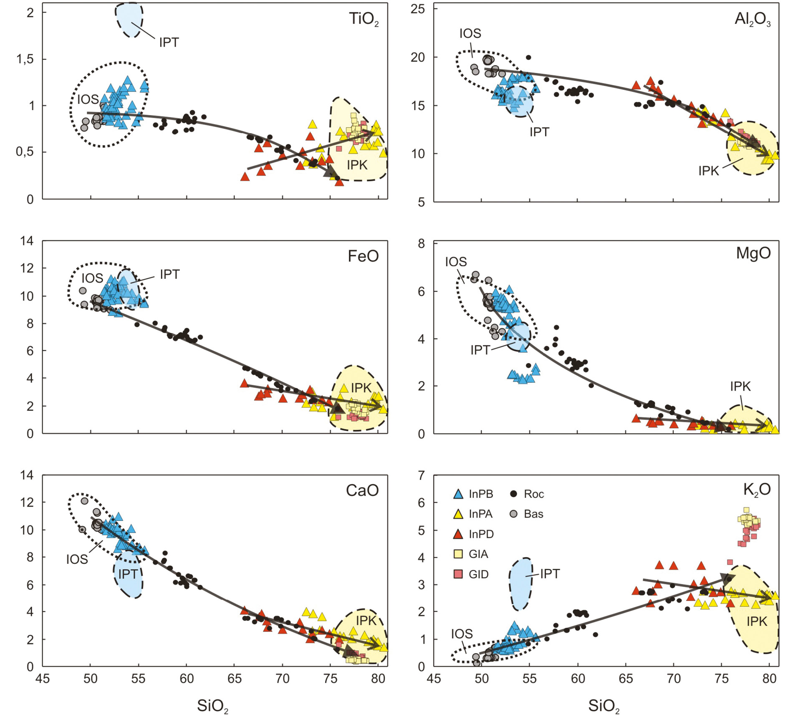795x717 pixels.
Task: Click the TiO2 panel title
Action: pyautogui.click(x=363, y=20)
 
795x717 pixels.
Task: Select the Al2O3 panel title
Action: pyautogui.click(x=752, y=20)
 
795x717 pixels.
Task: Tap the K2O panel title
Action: pyautogui.click(x=757, y=489)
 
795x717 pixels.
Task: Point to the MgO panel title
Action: pyautogui.click(x=753, y=253)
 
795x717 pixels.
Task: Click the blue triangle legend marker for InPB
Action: pyautogui.click(x=458, y=494)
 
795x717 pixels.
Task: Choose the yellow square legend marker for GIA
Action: pyautogui.click(x=458, y=554)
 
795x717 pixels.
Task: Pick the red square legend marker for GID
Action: pyautogui.click(x=458, y=574)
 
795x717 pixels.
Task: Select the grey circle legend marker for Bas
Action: pyautogui.click(x=514, y=514)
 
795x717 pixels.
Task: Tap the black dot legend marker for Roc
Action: pyautogui.click(x=514, y=494)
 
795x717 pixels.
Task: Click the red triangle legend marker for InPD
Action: pyautogui.click(x=458, y=534)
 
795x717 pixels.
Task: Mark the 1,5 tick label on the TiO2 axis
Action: pyautogui.click(x=25, y=59)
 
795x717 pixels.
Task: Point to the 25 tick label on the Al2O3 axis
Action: pyautogui.click(x=417, y=9)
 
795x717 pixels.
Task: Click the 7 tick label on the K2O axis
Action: pyautogui.click(x=421, y=475)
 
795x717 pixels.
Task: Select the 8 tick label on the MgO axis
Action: pyautogui.click(x=421, y=243)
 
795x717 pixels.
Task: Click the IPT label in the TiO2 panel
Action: pyautogui.click(x=169, y=43)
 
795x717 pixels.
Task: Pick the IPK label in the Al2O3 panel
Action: pyautogui.click(x=709, y=171)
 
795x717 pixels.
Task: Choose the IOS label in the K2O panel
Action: pyautogui.click(x=462, y=634)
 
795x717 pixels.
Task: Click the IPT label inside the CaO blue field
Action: pyautogui.click(x=128, y=574)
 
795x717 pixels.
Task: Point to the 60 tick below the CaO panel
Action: pyautogui.click(x=187, y=679)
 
